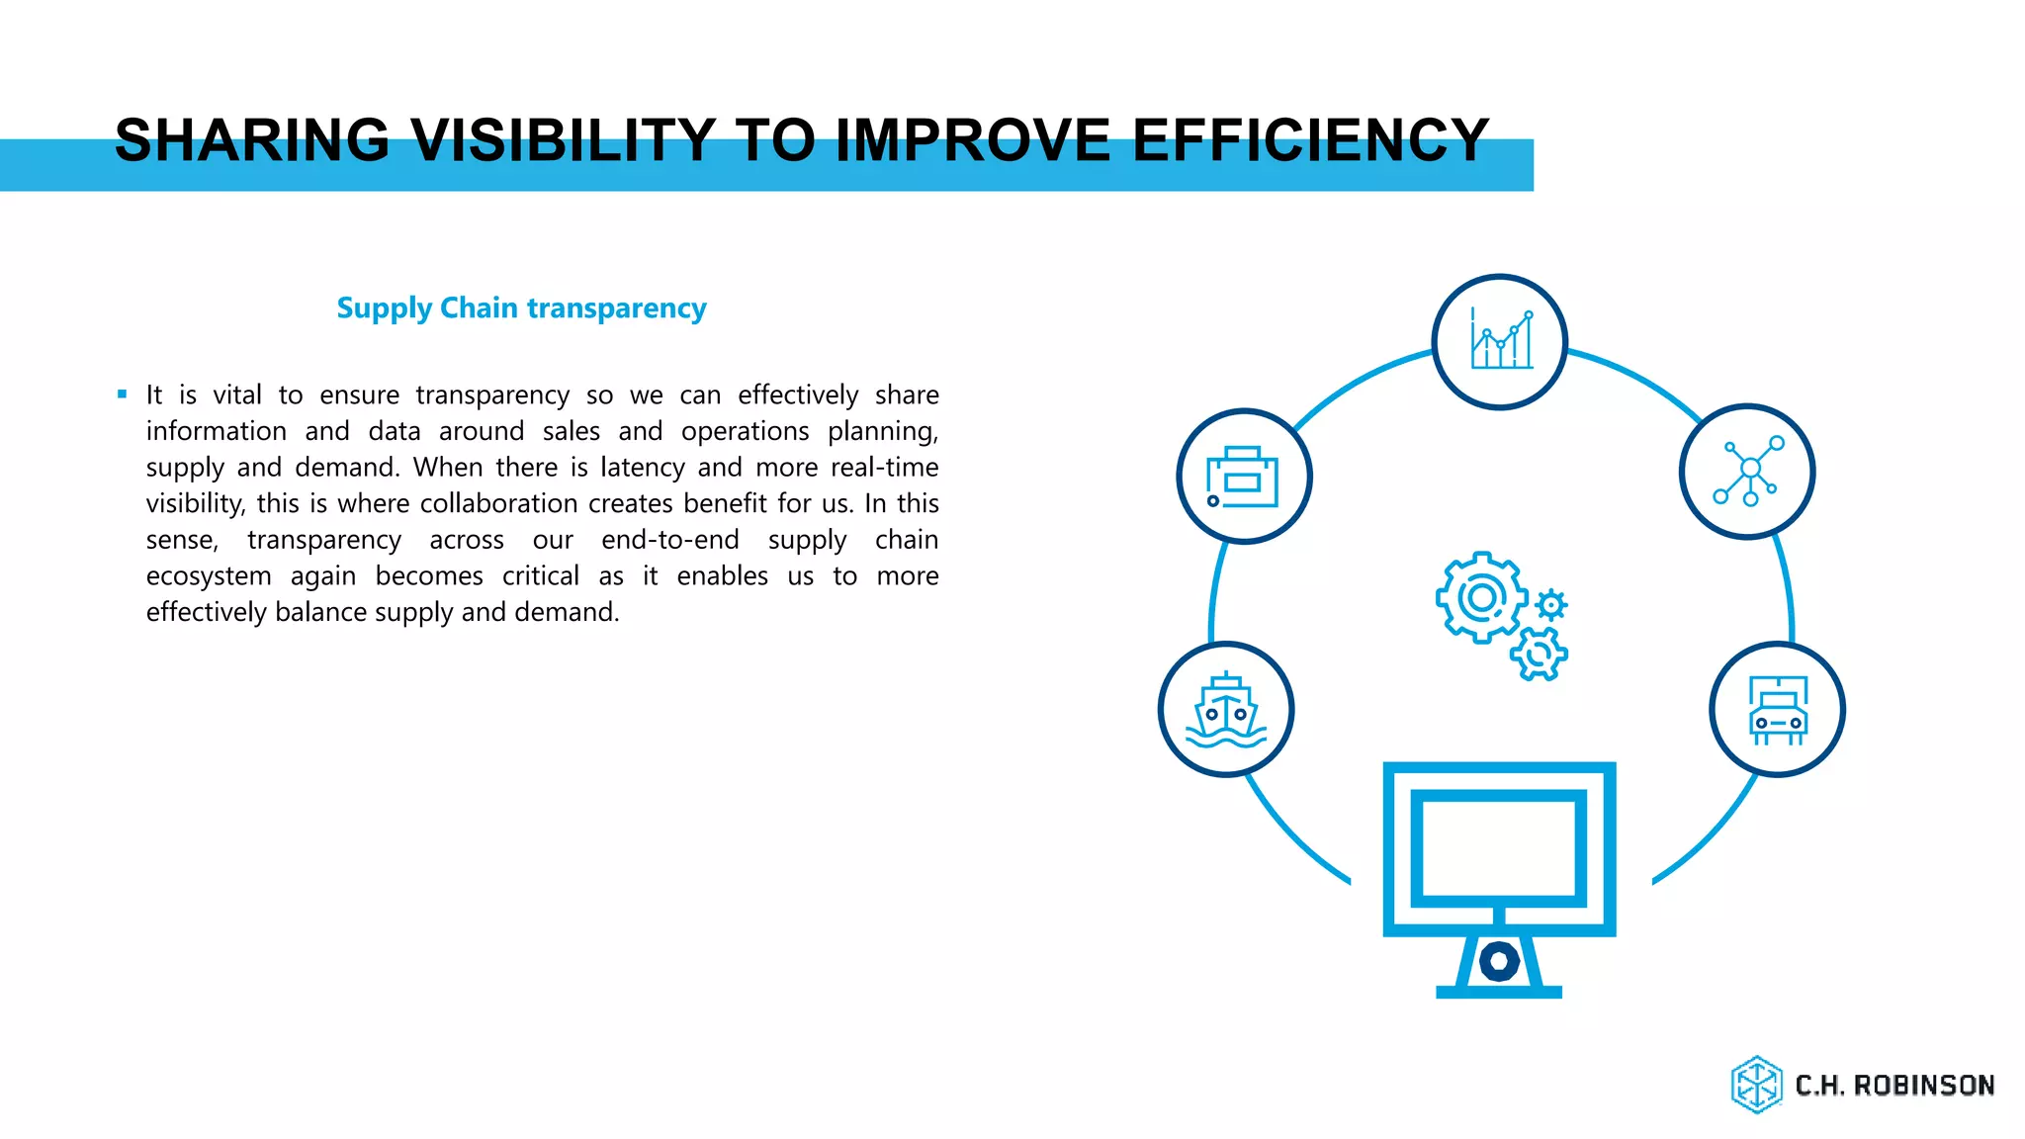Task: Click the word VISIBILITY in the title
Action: tap(563, 139)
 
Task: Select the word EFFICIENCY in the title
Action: tap(1310, 139)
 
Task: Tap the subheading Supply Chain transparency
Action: tap(521, 308)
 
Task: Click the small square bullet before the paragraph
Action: tap(123, 394)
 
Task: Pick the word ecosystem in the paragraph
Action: tap(209, 575)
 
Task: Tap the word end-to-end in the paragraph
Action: tap(670, 540)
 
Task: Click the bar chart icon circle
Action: tap(1499, 342)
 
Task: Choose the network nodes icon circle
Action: tap(1746, 472)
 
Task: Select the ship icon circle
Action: tap(1226, 710)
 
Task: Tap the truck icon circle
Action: tap(1777, 710)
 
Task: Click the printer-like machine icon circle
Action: tap(1244, 477)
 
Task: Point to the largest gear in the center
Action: tap(1480, 597)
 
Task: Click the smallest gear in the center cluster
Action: tap(1551, 604)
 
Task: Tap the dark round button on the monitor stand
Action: tap(1499, 960)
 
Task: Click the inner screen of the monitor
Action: tap(1498, 848)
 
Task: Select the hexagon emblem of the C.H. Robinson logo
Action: tap(1756, 1085)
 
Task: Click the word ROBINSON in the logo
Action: tap(1923, 1086)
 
